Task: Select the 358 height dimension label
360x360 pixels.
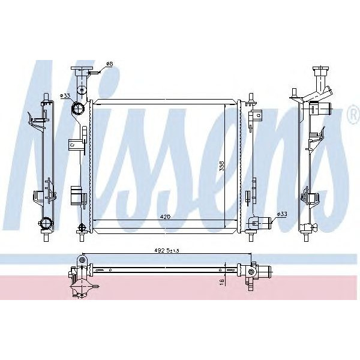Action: coord(221,166)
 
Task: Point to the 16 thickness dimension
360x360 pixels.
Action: coord(222,280)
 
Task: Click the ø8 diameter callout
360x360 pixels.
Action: coord(109,64)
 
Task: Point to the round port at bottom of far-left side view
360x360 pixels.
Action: coord(46,224)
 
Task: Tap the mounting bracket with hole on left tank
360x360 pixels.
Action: coord(73,143)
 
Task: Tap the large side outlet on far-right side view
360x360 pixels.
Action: coord(328,109)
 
